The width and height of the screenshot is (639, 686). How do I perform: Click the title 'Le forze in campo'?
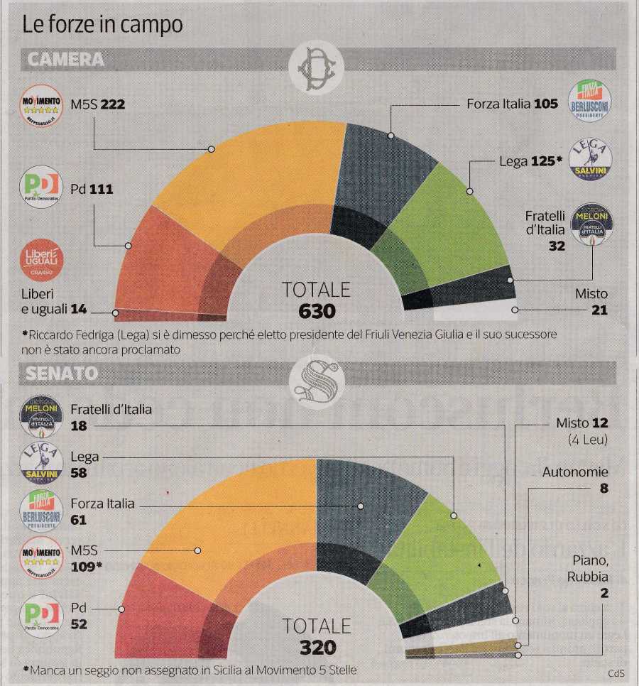(x=102, y=25)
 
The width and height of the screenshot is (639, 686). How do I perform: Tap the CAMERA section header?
(x=65, y=60)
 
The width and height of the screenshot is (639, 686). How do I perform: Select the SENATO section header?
(x=62, y=373)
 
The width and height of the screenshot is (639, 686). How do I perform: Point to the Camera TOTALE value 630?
(x=316, y=311)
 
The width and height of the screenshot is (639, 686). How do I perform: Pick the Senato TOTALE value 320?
(x=317, y=647)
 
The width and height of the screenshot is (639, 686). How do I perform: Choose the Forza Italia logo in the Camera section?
(x=590, y=100)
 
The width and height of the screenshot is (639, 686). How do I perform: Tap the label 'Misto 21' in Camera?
(x=591, y=302)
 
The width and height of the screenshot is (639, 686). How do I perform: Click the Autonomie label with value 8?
(x=575, y=479)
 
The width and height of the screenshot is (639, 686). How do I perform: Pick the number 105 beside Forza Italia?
(x=546, y=104)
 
